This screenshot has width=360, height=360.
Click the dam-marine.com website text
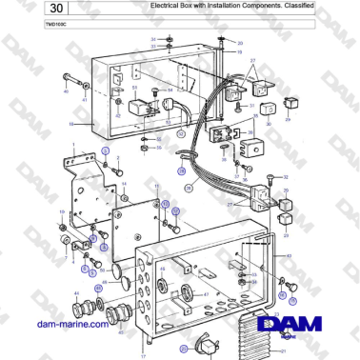point(72,326)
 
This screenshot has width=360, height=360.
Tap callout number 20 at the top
point(240,43)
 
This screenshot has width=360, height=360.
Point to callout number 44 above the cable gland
point(74,292)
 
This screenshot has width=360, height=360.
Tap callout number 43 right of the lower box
point(290,256)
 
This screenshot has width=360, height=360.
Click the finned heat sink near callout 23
point(257,333)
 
